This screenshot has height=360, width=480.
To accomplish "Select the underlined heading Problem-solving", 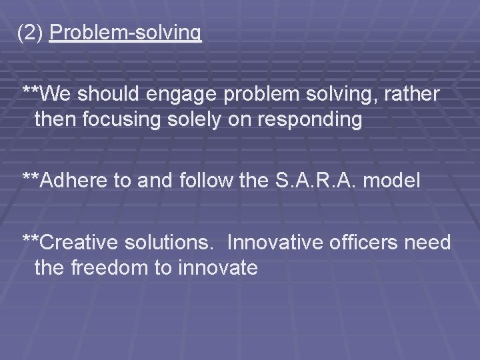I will (x=125, y=33).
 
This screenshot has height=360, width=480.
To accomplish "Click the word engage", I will (x=187, y=95).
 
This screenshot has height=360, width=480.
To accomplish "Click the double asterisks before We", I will (x=31, y=92).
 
